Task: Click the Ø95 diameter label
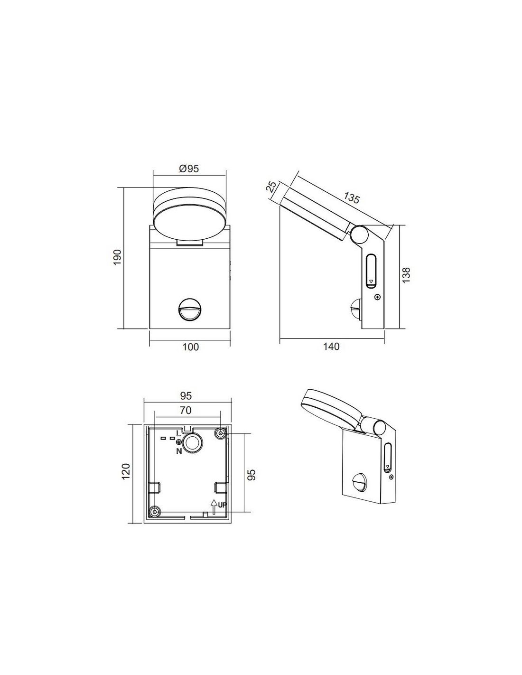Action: (x=188, y=169)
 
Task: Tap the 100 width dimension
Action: (x=190, y=347)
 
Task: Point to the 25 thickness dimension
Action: (x=271, y=186)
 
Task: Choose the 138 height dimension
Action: (x=406, y=275)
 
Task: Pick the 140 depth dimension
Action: (x=331, y=347)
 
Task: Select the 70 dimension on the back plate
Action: (x=186, y=410)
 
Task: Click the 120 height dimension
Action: (x=125, y=472)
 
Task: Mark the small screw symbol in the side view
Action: (x=377, y=297)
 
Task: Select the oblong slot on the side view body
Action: (x=371, y=271)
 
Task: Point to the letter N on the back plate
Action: (x=179, y=451)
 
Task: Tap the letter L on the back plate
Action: (x=179, y=433)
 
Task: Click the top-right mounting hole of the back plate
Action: (x=220, y=433)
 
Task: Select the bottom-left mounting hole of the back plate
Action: (x=154, y=511)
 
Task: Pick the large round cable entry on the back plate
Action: (x=193, y=443)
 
